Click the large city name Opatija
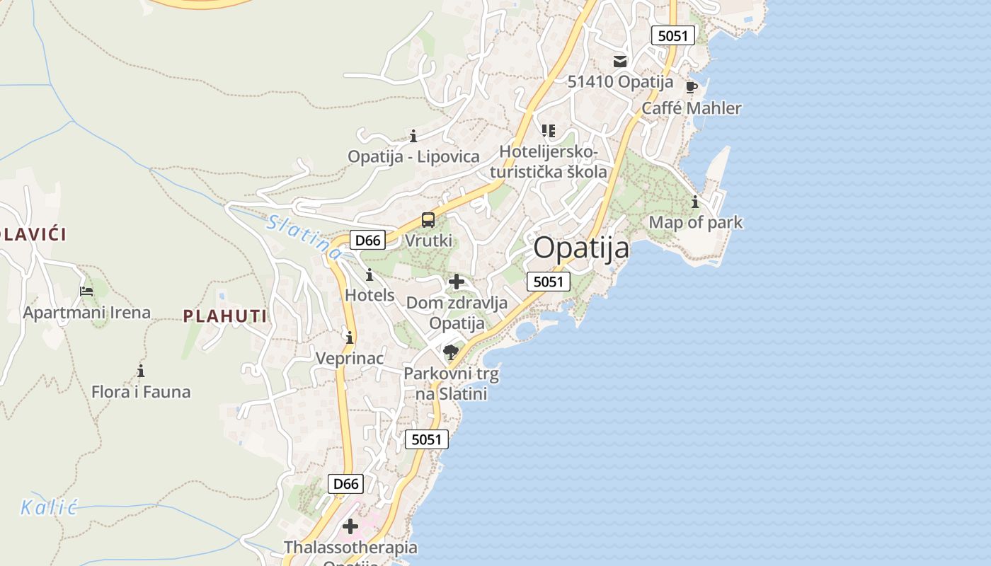(x=581, y=248)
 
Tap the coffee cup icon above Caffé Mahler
(x=692, y=88)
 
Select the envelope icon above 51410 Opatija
(x=620, y=62)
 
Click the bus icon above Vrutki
(x=428, y=220)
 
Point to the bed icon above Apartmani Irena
(x=86, y=291)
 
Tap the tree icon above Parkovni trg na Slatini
(x=450, y=352)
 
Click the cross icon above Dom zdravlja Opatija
(x=457, y=282)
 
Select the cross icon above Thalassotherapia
(x=350, y=526)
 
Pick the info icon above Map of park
(x=695, y=202)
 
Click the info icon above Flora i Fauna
(x=141, y=371)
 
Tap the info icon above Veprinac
(x=349, y=337)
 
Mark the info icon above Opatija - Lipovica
(x=413, y=136)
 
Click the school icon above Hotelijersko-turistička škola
(x=549, y=131)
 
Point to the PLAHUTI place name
(x=225, y=316)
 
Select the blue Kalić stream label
(x=48, y=507)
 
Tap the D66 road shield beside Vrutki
(x=367, y=240)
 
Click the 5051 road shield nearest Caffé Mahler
(x=672, y=35)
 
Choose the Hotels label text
(x=370, y=295)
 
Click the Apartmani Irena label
(x=87, y=313)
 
